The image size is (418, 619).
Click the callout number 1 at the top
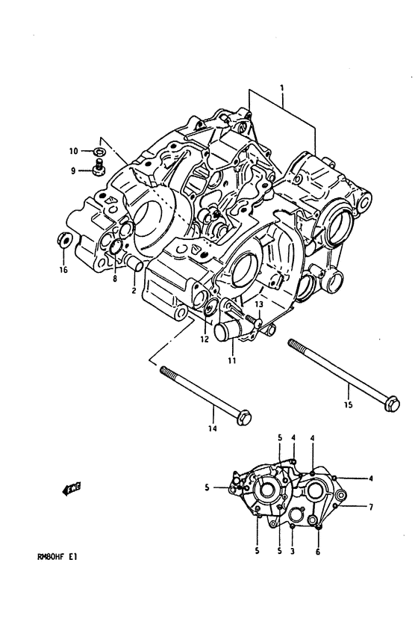click(x=282, y=87)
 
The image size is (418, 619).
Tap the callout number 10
click(x=74, y=151)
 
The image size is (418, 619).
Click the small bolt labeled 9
click(x=99, y=168)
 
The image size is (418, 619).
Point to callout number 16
click(x=64, y=270)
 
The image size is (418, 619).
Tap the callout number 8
click(x=115, y=279)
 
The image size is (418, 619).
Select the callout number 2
click(x=134, y=291)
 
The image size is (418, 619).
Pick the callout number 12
click(x=205, y=339)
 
